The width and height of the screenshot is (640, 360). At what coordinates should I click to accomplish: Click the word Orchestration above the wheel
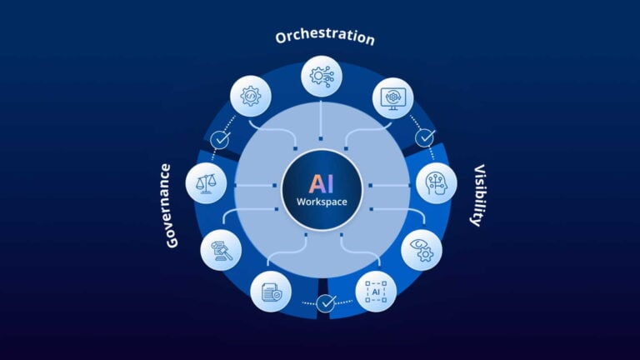[x=325, y=38]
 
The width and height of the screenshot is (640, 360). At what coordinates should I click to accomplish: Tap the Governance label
[x=169, y=205]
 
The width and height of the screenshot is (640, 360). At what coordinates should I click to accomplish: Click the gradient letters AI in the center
[x=321, y=183]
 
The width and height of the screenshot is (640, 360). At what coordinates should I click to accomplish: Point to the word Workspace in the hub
[x=321, y=202]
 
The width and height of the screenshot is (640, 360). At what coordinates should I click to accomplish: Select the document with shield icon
[x=271, y=292]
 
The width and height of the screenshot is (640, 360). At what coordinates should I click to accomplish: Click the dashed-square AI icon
[x=376, y=292]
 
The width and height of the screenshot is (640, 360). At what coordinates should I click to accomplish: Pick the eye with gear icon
[x=422, y=249]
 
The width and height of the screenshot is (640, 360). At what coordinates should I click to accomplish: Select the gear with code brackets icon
[x=250, y=97]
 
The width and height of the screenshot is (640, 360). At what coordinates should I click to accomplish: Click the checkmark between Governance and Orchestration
[x=220, y=140]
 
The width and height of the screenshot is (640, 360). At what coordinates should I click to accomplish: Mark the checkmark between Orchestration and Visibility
[x=425, y=137]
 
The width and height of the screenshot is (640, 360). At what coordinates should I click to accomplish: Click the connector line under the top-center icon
[x=321, y=117]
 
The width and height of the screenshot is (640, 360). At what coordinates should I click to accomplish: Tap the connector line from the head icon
[x=392, y=184]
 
